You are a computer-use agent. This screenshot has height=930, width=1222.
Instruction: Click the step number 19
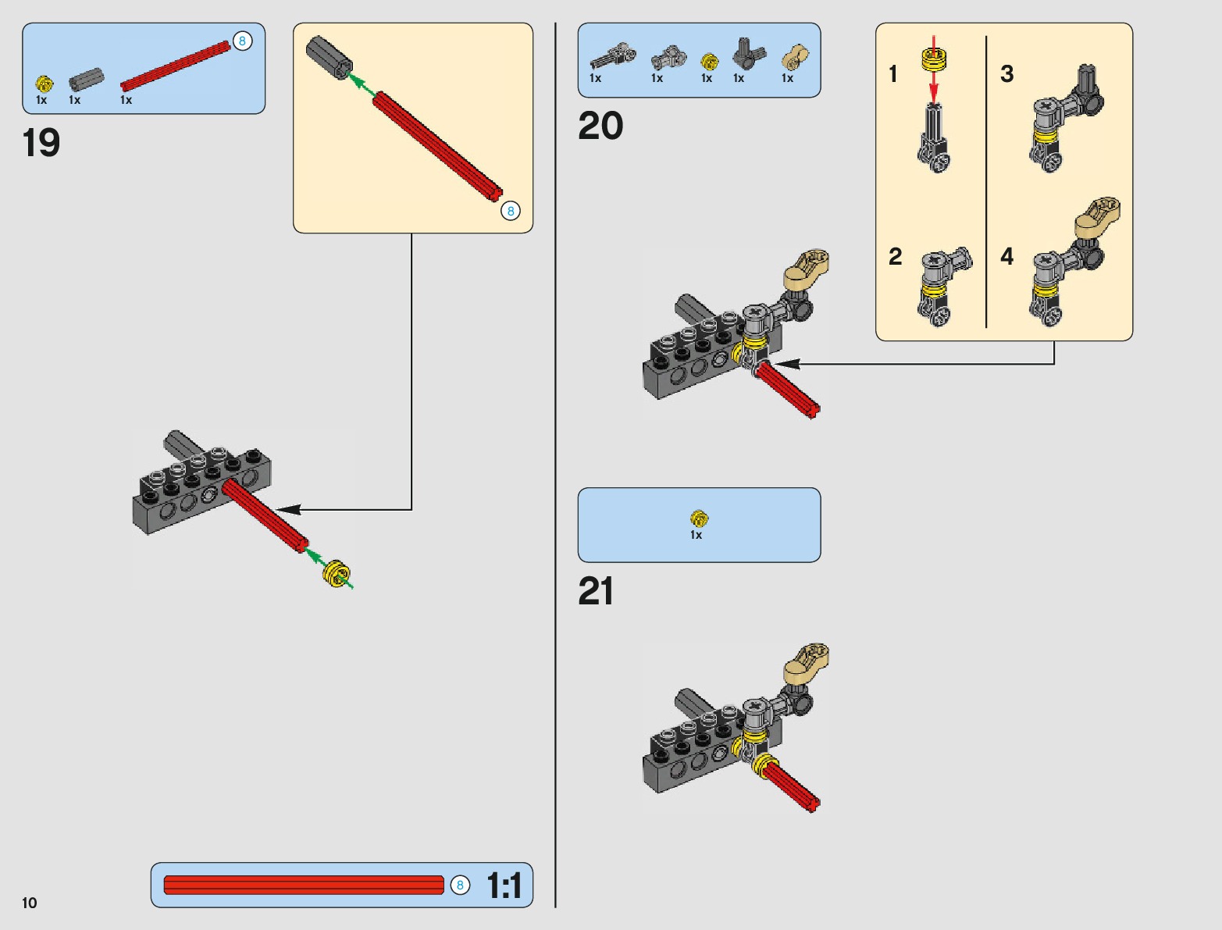coord(41,143)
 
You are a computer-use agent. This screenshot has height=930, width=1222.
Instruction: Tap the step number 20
coord(600,126)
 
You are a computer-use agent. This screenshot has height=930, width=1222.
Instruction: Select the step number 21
coord(596,591)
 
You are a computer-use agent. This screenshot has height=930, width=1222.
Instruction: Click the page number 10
coord(30,903)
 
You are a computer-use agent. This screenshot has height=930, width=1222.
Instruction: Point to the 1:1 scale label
coord(504,885)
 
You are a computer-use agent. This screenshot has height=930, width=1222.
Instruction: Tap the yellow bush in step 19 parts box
coord(45,83)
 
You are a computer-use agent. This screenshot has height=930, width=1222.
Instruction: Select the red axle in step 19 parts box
coord(176,66)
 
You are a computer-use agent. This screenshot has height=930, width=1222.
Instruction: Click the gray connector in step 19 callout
coord(329,57)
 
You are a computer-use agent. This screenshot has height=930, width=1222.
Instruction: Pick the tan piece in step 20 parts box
coord(795,57)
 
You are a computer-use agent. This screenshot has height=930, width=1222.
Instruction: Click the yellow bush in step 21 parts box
coord(699,518)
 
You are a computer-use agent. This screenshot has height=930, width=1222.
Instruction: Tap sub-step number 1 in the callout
coord(893,74)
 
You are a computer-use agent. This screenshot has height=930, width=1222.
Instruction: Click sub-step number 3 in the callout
coord(1007,74)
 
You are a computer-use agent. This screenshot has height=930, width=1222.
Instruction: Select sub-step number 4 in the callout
coord(1007,256)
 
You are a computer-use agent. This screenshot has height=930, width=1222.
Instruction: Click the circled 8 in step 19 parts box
coord(242,41)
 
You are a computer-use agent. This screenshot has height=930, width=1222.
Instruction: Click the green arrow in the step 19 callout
coord(361,84)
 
